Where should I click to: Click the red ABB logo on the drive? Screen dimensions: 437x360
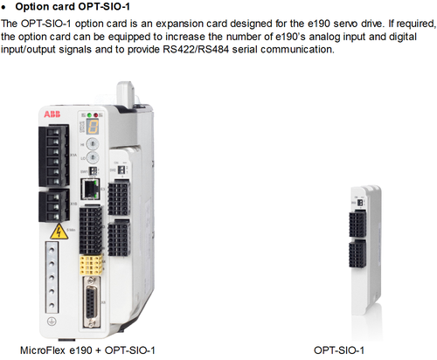(52, 114)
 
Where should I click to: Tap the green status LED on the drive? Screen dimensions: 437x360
(89, 115)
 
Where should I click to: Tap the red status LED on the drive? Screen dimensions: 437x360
(95, 115)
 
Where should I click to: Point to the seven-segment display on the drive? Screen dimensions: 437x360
(92, 127)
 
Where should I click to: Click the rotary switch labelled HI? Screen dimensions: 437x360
(93, 144)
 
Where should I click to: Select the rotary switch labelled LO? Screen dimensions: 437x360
(93, 157)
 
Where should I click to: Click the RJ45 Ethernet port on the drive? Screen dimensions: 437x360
(91, 190)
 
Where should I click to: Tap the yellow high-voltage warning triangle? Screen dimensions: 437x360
(59, 232)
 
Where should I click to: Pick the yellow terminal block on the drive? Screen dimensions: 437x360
(91, 265)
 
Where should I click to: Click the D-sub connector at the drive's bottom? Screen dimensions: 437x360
(92, 302)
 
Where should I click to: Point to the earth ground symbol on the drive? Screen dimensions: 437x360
(52, 322)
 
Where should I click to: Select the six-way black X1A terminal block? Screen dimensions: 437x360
(53, 156)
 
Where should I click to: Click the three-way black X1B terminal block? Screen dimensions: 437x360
(54, 206)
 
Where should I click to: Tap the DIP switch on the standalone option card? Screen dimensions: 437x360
(360, 202)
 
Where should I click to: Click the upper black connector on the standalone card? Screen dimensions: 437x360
(357, 224)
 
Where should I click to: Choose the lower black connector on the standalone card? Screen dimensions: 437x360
(357, 253)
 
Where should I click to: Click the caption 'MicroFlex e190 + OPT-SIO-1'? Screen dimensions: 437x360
(87, 350)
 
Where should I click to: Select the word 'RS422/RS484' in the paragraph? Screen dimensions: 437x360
(196, 49)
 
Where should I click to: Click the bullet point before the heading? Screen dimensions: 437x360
(3, 7)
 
